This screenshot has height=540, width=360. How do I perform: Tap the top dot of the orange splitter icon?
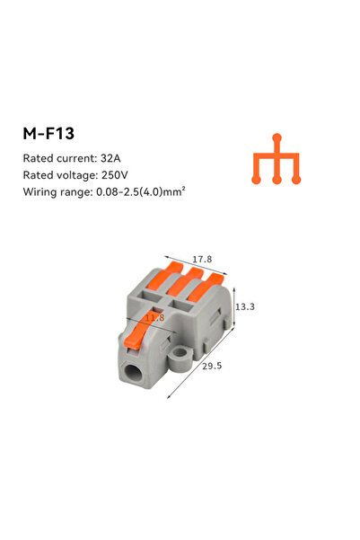pos(277,138)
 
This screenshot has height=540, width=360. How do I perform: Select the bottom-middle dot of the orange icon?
pos(277,179)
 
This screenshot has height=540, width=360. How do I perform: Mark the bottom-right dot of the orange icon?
pos(297,179)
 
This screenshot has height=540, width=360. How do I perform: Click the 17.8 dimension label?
pos(203,260)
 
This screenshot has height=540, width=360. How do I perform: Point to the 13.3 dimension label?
pos(244,306)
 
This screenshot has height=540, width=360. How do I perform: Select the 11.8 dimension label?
pos(155,317)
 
